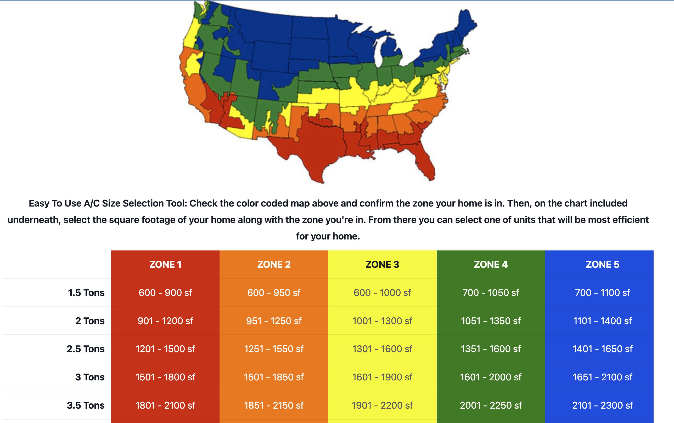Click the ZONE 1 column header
[x=165, y=264]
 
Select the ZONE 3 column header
[x=382, y=264]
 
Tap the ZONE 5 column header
[x=602, y=264]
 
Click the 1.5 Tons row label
[x=86, y=293]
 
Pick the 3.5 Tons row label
[x=85, y=405]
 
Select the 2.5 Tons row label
[x=85, y=349]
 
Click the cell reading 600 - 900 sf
[x=165, y=293]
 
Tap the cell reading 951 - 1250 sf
[x=273, y=321]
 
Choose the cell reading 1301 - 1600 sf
[x=382, y=349]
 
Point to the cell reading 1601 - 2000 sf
[x=490, y=377]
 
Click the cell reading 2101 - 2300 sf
[x=602, y=405]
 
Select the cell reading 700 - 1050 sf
[x=490, y=293]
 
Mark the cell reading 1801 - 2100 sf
[x=165, y=405]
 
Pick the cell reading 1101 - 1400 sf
[x=602, y=321]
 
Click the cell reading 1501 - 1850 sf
[x=273, y=377]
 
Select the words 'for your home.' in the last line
[x=328, y=236]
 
